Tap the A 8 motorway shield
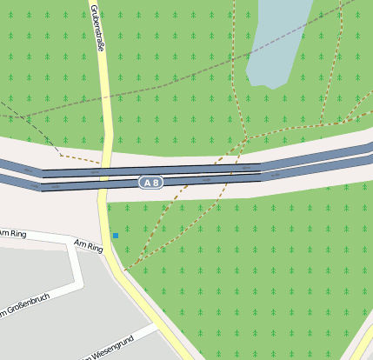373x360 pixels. coord(150,183)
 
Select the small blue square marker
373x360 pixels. coord(115,236)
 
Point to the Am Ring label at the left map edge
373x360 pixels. coord(14,233)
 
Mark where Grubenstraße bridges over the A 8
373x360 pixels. coord(104,175)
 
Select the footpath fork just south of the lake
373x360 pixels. coord(248,137)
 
